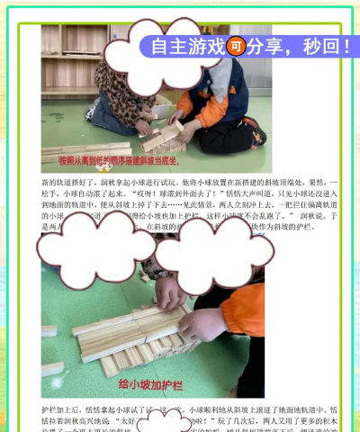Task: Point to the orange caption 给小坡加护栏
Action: coord(151,385)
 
